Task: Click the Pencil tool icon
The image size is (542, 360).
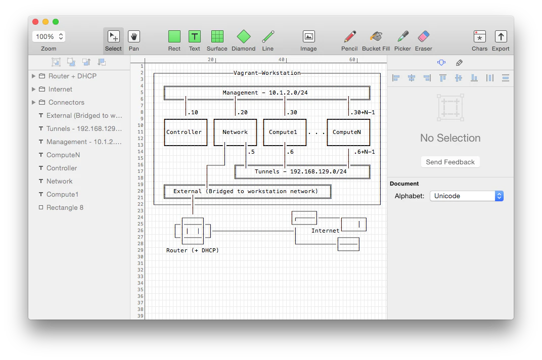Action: point(349,37)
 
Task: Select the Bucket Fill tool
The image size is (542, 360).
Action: point(376,37)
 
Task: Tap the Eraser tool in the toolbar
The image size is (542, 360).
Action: point(424,37)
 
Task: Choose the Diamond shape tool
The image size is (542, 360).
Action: point(244,37)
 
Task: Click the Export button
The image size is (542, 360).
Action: point(501,37)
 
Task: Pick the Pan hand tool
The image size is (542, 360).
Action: point(134,37)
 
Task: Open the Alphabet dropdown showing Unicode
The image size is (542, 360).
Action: point(466,196)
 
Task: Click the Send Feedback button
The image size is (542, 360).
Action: point(450,162)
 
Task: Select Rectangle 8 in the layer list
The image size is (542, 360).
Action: point(65,207)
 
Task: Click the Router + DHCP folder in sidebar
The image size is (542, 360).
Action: point(72,76)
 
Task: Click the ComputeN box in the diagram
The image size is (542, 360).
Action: point(348,132)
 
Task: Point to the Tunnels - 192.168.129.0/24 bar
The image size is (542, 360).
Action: point(302,172)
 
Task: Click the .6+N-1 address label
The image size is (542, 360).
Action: point(364,152)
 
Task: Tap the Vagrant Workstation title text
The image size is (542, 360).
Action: point(267,73)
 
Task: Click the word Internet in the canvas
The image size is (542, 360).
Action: point(325,231)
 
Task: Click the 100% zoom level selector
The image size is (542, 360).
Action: point(49,36)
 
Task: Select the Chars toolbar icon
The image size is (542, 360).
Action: point(479,37)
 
